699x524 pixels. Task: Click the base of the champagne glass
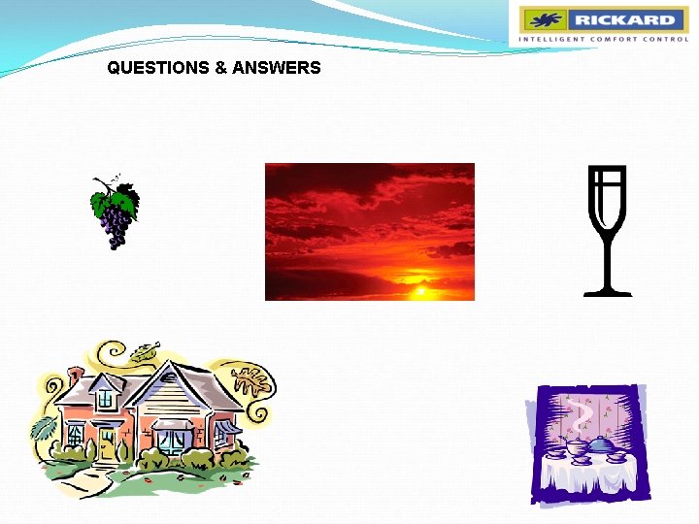(x=608, y=290)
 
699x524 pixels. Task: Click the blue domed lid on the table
(x=601, y=443)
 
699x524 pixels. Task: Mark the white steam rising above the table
(x=581, y=412)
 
